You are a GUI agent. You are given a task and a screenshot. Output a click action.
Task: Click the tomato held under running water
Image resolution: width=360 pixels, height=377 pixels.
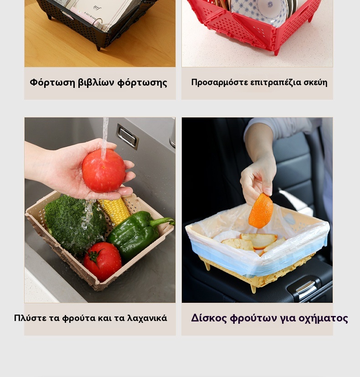104,170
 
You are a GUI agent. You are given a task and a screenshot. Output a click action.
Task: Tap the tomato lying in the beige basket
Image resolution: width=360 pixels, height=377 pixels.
103,261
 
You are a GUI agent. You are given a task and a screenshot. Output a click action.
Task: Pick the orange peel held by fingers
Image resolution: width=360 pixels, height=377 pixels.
261,211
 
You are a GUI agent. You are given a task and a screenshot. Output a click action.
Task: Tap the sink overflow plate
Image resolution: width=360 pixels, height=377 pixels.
127,137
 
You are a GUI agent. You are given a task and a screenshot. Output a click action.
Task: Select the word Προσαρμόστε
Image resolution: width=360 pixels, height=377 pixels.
220,83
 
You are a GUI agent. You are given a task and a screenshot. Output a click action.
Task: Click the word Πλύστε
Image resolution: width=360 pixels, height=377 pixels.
30,318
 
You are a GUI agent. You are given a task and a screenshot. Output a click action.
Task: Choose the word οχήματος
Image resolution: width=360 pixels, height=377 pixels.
323,318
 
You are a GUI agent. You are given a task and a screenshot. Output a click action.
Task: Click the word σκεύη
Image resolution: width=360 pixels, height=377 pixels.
315,83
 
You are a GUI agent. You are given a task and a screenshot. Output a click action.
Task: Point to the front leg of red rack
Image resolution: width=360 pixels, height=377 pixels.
277,51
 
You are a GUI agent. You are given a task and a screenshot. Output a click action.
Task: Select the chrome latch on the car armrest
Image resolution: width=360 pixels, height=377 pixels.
306,287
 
